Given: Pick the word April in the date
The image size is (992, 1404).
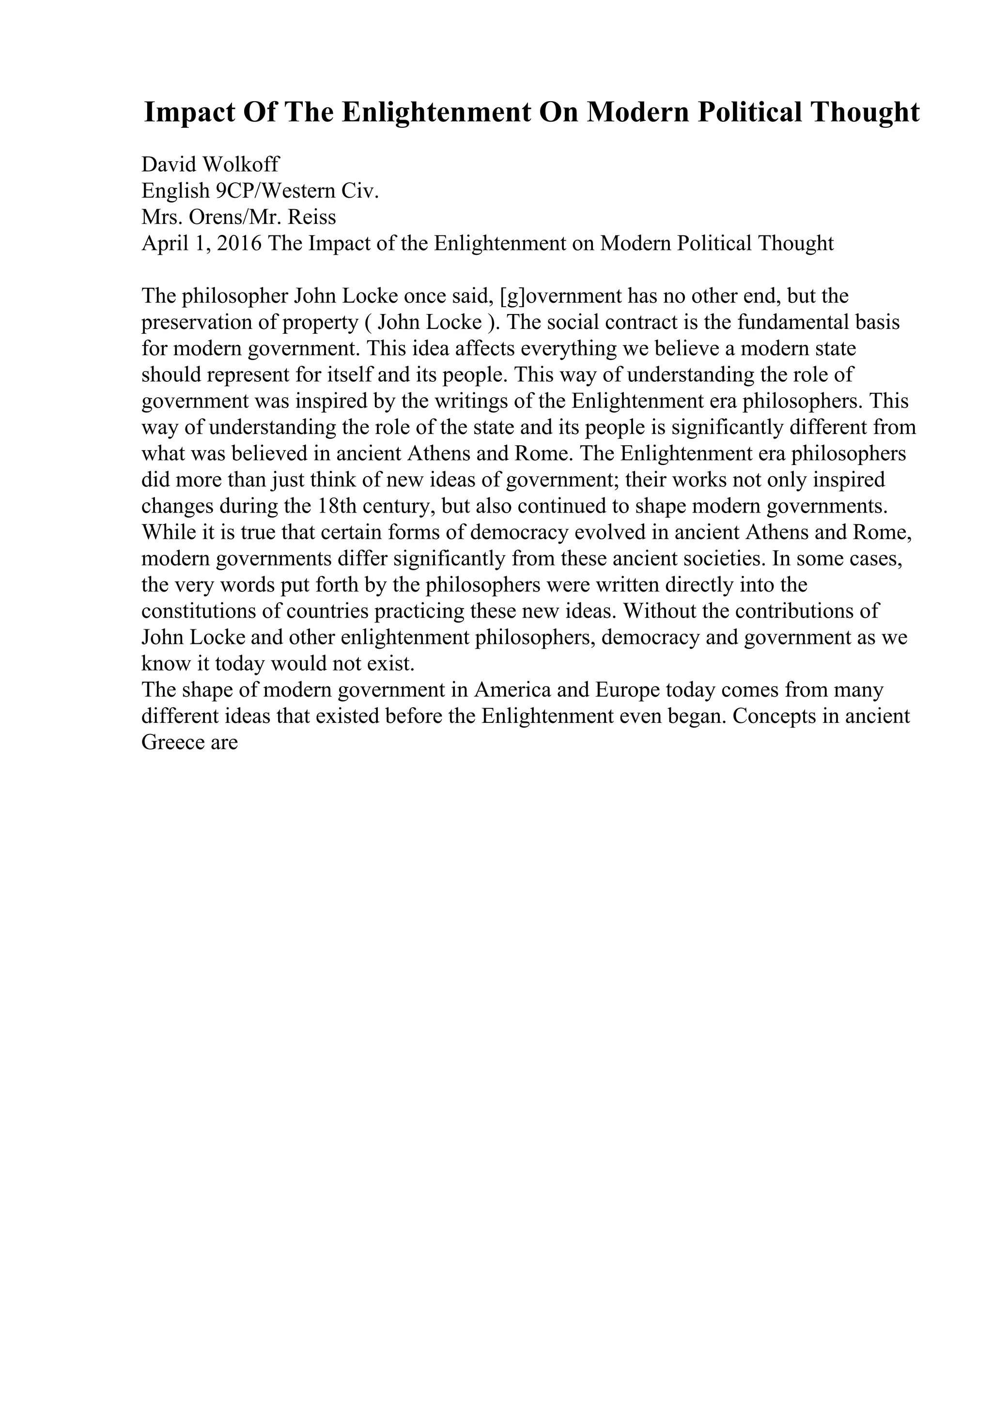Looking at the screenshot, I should (163, 243).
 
